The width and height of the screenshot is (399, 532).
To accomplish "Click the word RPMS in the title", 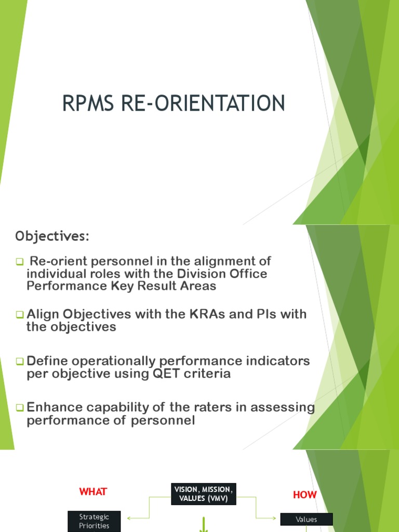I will tap(89, 103).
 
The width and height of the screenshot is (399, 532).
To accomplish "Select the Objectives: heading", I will tap(52, 236).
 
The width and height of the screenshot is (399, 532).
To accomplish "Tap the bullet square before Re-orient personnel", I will tap(19, 261).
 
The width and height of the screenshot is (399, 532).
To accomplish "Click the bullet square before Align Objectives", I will tap(19, 314).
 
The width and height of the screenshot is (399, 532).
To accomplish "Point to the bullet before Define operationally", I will tap(19, 361).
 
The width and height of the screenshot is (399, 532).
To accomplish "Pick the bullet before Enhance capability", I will tap(19, 408).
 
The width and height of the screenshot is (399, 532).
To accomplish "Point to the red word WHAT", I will tap(93, 491).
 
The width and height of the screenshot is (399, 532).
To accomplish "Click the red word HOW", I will tap(305, 495).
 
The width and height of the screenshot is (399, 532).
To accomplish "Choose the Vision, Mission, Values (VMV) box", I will tap(203, 494).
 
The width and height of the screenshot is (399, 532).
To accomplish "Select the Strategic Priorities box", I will tap(95, 521).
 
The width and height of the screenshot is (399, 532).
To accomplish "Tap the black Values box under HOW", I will tap(307, 519).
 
